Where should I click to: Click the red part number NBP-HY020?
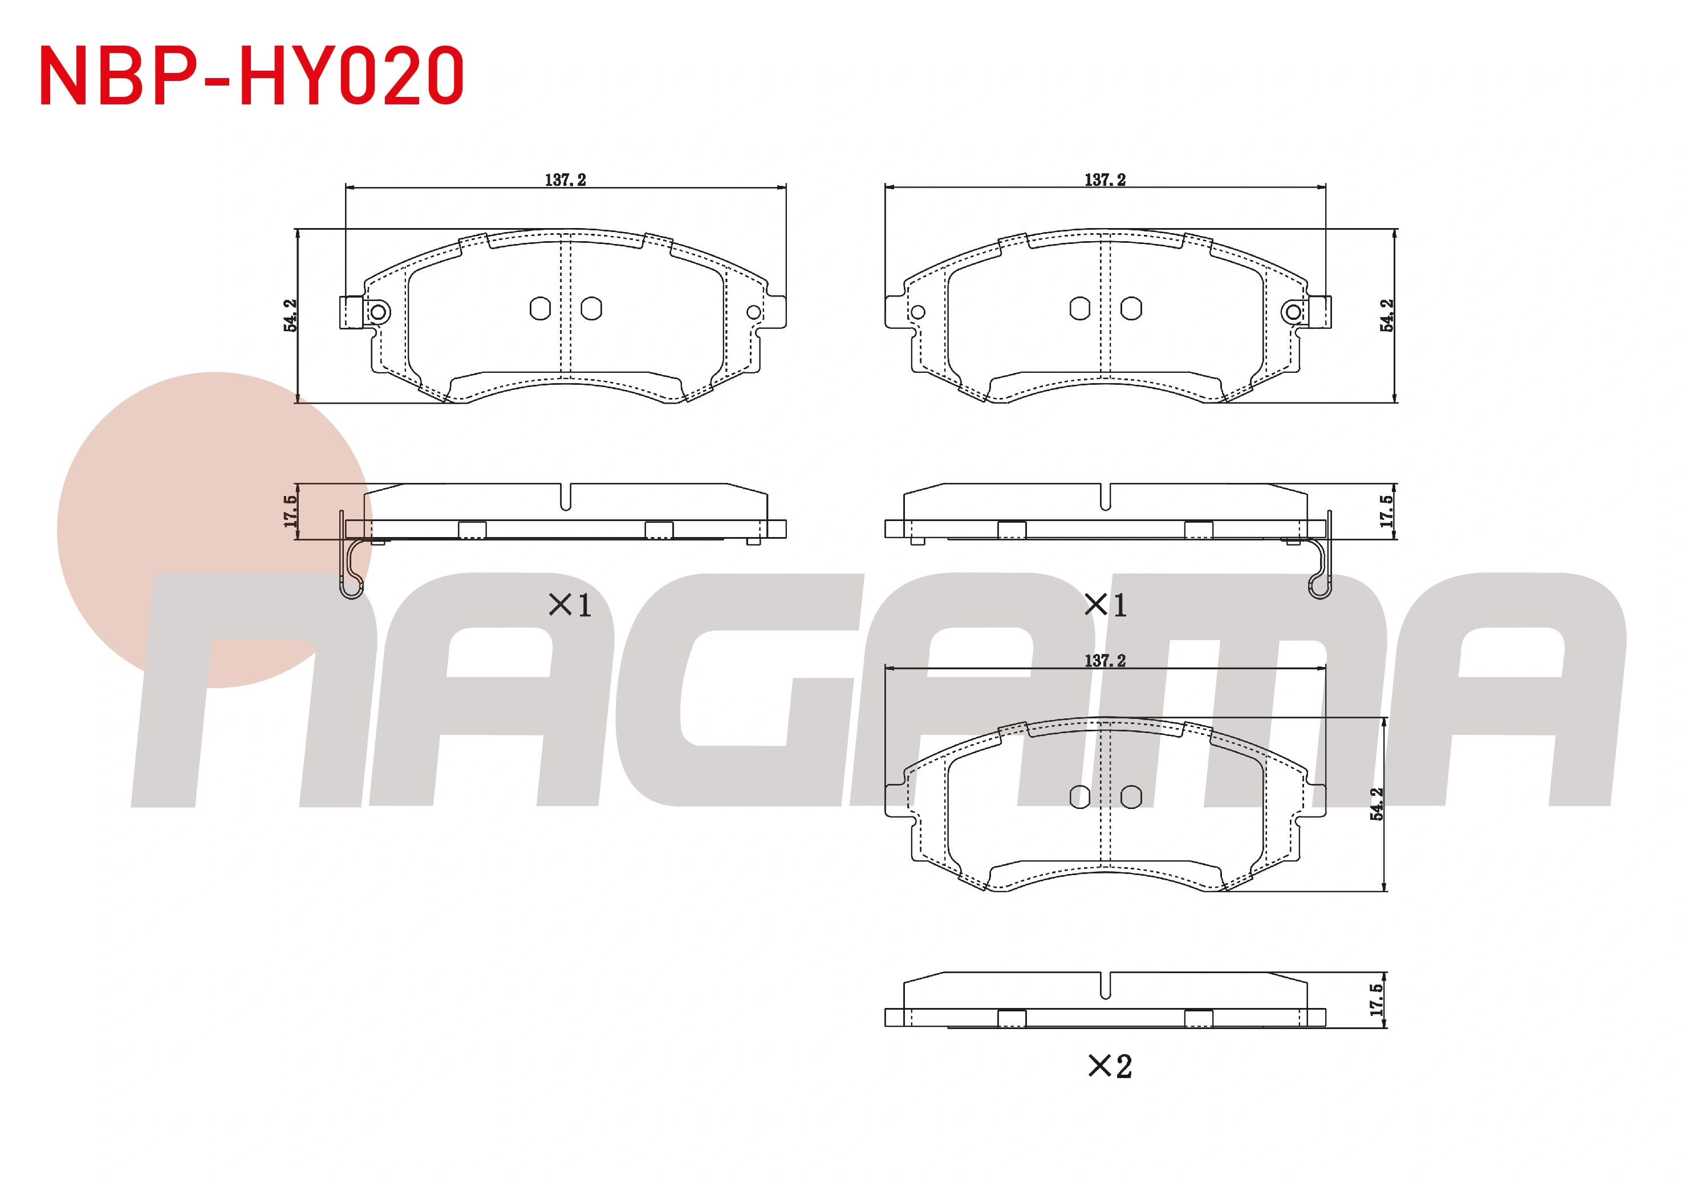pyautogui.click(x=251, y=76)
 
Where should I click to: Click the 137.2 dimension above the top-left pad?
pyautogui.click(x=565, y=180)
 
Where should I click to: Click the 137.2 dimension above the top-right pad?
pyautogui.click(x=1105, y=180)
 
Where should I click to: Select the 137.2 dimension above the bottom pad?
pyautogui.click(x=1105, y=660)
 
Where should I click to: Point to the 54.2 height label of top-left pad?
pyautogui.click(x=291, y=315)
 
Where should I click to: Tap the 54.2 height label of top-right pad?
pyautogui.click(x=1386, y=315)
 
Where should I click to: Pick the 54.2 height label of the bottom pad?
pyautogui.click(x=1376, y=803)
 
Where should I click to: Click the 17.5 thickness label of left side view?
pyautogui.click(x=291, y=511)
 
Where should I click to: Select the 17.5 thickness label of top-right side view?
pyautogui.click(x=1386, y=511)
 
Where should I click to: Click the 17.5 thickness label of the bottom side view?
pyautogui.click(x=1376, y=1000)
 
